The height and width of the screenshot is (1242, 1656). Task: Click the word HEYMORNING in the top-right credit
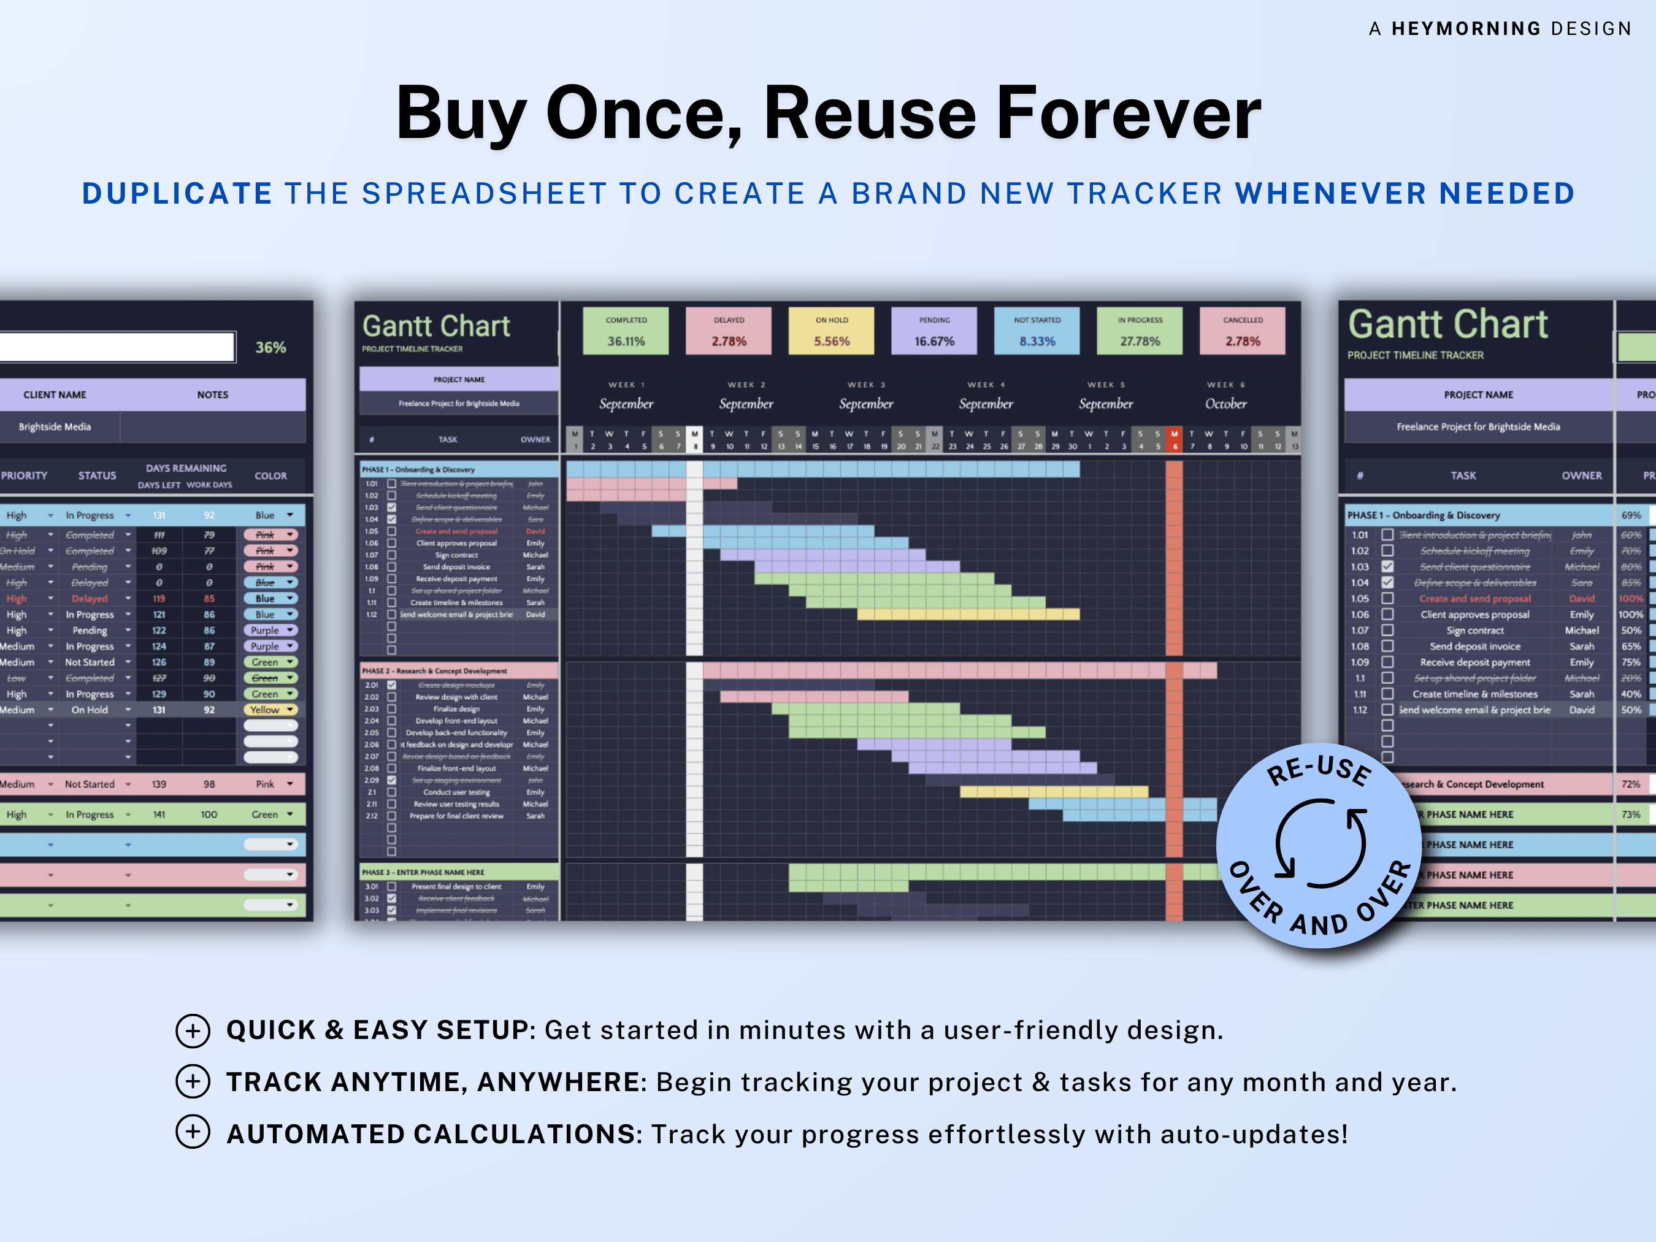(x=1465, y=28)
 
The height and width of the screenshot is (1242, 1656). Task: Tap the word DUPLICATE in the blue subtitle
(x=177, y=194)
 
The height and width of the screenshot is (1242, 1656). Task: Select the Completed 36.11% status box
(x=626, y=331)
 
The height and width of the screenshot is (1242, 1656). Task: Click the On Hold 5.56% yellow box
(x=831, y=331)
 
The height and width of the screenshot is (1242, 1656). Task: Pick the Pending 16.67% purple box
(x=933, y=331)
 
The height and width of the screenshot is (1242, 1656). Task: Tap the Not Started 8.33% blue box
(x=1037, y=331)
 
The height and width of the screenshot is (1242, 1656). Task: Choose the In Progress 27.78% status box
(x=1140, y=331)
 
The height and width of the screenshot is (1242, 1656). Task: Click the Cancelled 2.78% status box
(x=1242, y=331)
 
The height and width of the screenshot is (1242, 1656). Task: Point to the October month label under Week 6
(x=1225, y=404)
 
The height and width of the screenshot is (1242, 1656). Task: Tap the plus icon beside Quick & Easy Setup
(x=193, y=1031)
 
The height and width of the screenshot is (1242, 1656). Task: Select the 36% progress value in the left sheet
(x=270, y=347)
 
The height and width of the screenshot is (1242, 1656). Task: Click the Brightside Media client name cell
(x=55, y=427)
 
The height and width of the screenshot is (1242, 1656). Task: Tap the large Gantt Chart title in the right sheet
(x=1447, y=325)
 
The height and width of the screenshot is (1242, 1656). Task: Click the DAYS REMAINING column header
(x=186, y=469)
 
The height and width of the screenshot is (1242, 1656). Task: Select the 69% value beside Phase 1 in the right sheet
(x=1630, y=515)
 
